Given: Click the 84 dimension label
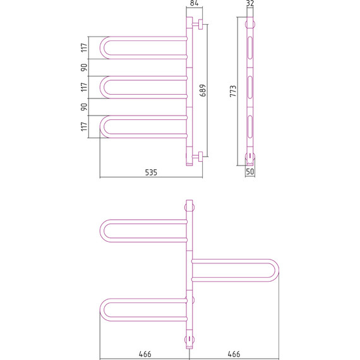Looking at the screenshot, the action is [195, 3].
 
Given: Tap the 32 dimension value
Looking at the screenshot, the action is [250, 3].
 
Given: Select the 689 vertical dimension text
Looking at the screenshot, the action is [203, 90].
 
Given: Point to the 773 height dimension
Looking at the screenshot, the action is [233, 91].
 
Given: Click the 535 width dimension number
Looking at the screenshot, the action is [151, 172].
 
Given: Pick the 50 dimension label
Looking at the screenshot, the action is [250, 172].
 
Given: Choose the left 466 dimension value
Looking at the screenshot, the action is [145, 354].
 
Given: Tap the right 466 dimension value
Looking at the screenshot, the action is [234, 354].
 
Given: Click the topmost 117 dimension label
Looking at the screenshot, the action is [84, 48].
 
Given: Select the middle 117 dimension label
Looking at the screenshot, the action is [84, 87].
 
